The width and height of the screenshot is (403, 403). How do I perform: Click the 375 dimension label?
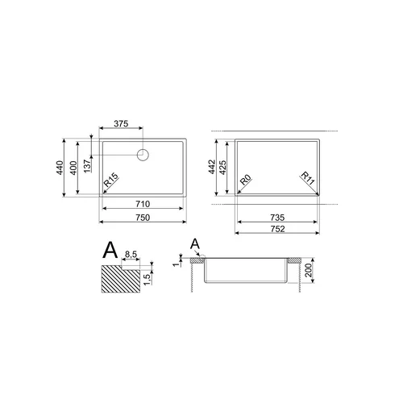[121, 123]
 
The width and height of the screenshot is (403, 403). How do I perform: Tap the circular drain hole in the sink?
[143, 155]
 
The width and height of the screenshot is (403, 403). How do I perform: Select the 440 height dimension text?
[60, 168]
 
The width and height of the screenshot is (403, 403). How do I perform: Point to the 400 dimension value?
[73, 168]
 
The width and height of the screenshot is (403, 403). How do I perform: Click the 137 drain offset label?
[87, 166]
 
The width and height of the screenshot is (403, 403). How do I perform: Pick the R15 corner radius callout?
[111, 180]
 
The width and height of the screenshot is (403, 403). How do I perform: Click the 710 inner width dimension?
[143, 204]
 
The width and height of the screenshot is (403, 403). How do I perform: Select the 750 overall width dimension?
[143, 218]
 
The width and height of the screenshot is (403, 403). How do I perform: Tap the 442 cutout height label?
[212, 167]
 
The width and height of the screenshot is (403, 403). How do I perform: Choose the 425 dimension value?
[223, 168]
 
